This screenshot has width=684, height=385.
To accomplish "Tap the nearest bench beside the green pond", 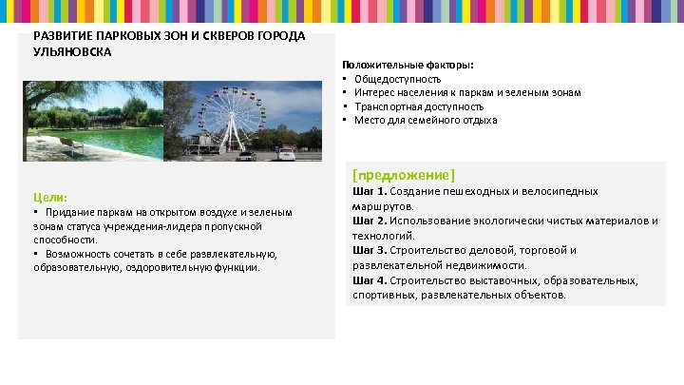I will click(x=69, y=144).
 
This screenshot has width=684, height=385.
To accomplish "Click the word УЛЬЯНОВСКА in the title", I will click(x=72, y=51).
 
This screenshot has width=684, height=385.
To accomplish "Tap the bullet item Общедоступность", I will click(x=397, y=78).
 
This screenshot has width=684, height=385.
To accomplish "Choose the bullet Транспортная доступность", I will click(x=419, y=106).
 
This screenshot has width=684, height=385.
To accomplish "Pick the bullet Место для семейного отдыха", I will click(x=426, y=120).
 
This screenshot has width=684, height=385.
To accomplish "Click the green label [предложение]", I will click(x=404, y=175).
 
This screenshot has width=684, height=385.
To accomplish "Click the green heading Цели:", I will click(x=49, y=196).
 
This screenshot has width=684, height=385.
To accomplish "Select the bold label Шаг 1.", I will click(x=370, y=191).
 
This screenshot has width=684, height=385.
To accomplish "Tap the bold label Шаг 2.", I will click(x=370, y=221).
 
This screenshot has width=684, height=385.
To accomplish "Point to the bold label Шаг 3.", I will click(x=370, y=250).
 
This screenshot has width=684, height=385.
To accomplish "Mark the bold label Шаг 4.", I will click(x=370, y=280).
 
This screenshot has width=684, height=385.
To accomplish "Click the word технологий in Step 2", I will click(x=383, y=235).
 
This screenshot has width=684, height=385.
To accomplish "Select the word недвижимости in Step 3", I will click(x=489, y=265).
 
